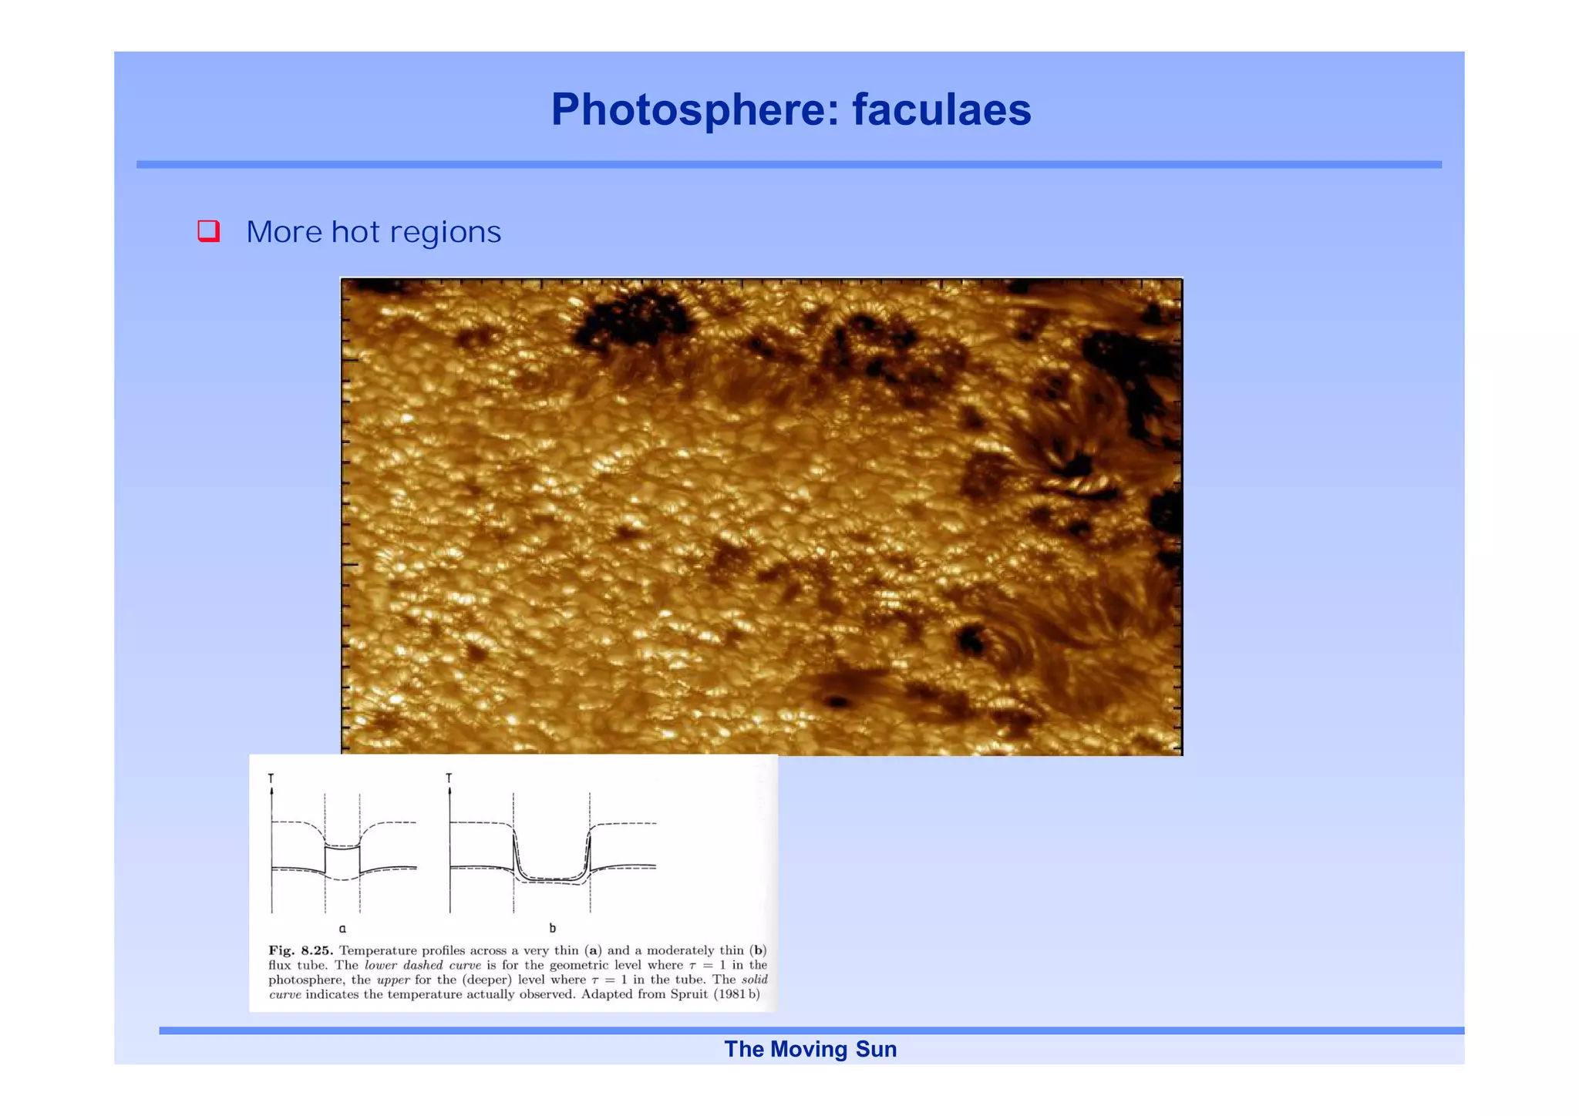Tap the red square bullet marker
pos(209,230)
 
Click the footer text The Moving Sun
pos(810,1049)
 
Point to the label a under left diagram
pos(342,929)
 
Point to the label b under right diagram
pos(552,929)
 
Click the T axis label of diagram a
pos(271,778)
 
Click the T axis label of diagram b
pos(449,778)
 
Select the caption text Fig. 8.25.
pos(301,950)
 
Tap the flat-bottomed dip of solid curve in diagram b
pos(551,879)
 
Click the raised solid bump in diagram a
pos(342,848)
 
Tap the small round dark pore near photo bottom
pos(837,701)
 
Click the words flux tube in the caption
pos(296,965)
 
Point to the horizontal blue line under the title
pos(789,164)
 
